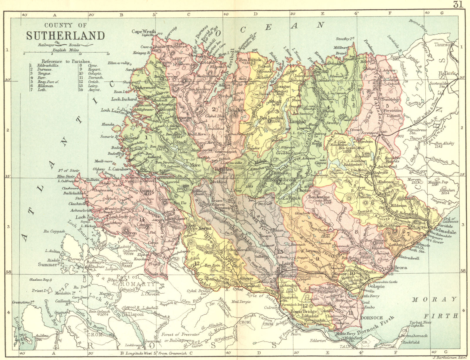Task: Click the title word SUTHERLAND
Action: click(65, 36)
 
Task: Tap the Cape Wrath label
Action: click(143, 31)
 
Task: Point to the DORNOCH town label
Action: click(371, 318)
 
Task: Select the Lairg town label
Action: click(288, 264)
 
